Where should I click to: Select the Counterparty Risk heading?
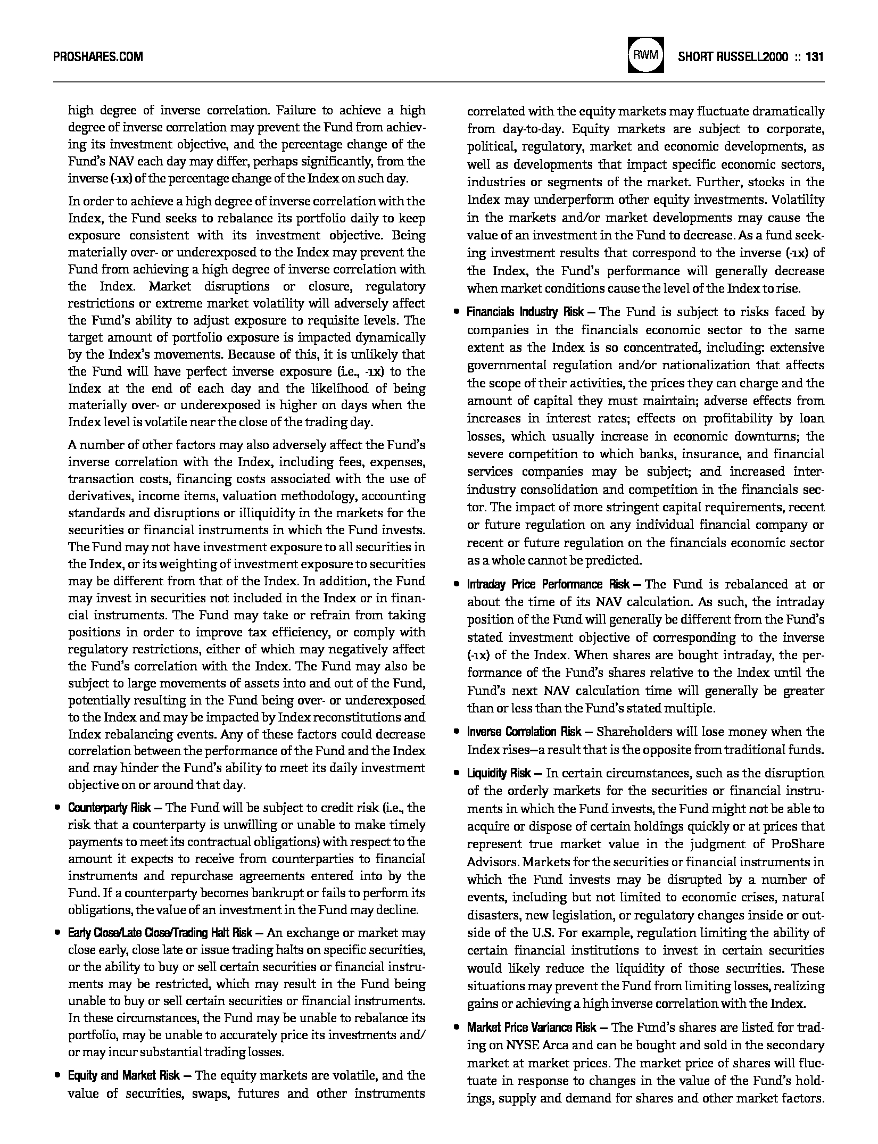pos(109,808)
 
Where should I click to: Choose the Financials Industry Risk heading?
pos(525,312)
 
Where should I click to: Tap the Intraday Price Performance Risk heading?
pos(549,584)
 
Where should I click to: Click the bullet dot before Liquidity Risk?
pos(456,774)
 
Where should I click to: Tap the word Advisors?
pos(493,862)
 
